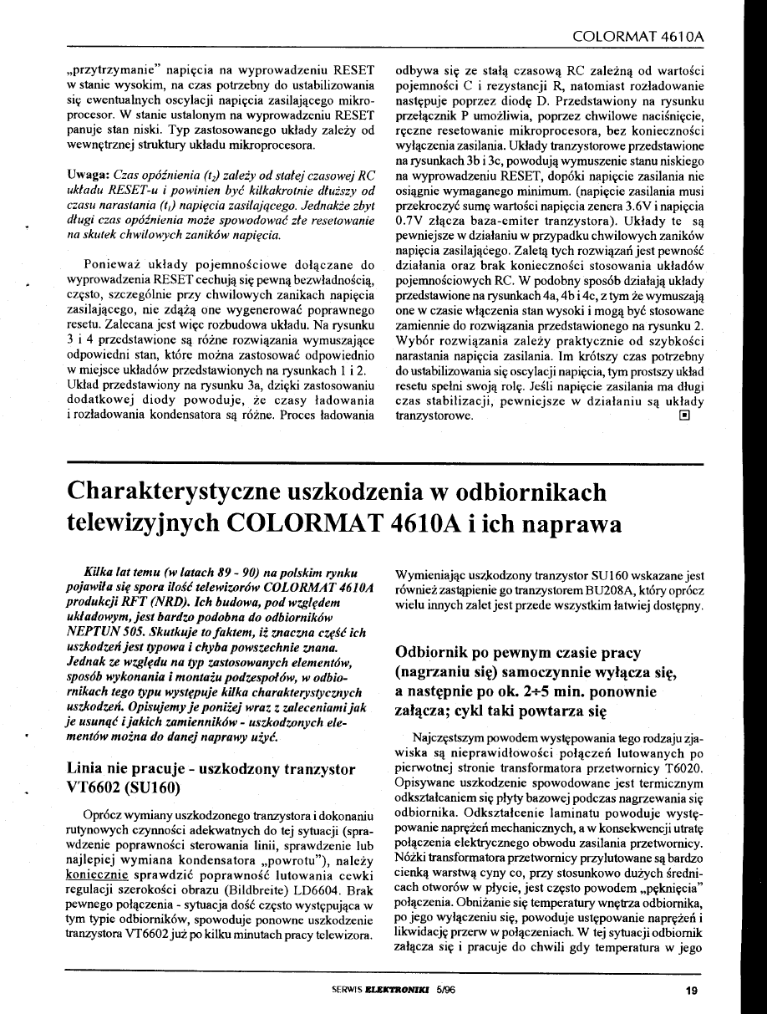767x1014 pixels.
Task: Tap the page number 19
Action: pyautogui.click(x=690, y=991)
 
